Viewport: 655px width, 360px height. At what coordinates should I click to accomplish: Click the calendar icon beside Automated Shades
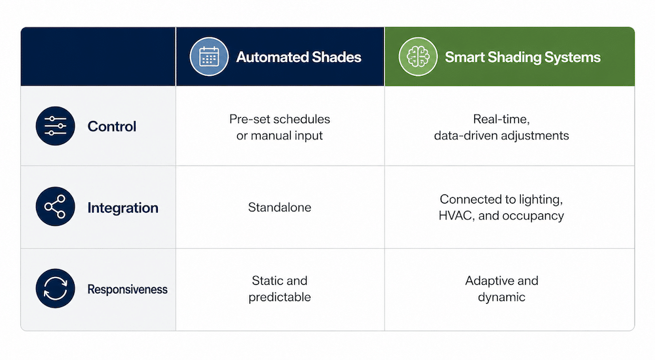209,57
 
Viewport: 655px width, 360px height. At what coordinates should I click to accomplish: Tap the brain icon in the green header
418,57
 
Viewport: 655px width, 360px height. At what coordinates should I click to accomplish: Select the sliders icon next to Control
55,126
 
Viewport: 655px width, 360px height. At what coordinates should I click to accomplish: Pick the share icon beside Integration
55,207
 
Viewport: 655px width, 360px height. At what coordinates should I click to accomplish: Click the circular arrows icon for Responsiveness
55,289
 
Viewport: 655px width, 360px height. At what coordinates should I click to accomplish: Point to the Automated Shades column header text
299,57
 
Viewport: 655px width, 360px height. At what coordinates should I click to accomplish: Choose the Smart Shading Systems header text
523,57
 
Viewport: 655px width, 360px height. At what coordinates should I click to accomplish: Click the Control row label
112,126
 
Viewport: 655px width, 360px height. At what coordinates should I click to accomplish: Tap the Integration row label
123,208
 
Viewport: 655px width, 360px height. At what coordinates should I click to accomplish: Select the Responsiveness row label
128,289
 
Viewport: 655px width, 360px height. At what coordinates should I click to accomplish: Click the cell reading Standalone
280,207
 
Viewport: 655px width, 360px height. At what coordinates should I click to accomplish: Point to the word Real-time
501,119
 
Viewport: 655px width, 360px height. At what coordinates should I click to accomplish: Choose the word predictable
280,297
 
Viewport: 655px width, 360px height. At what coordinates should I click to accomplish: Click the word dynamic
501,297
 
